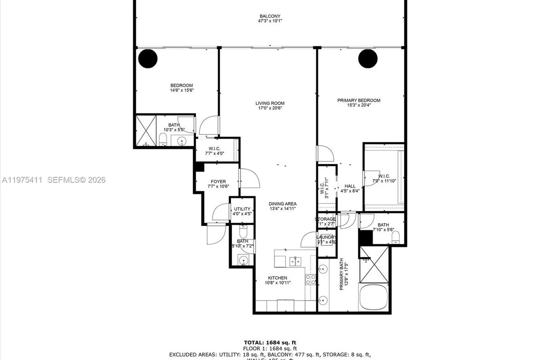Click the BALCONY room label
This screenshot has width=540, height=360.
point(270,16)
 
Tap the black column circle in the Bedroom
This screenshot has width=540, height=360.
point(148,58)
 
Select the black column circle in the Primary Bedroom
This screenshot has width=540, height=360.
point(368,58)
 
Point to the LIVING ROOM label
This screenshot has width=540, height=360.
point(270,103)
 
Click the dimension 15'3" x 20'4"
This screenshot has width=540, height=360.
point(359,106)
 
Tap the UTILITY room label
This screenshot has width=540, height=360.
point(242,209)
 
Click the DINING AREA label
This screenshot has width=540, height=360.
point(283,204)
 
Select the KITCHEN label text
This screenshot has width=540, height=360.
point(278,278)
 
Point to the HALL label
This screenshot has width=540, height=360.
point(350,186)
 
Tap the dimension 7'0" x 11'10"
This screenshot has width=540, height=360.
point(384,181)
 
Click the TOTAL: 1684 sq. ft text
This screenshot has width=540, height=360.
point(270,342)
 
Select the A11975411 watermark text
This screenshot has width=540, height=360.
point(22,180)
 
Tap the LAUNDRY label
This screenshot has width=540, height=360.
point(326,237)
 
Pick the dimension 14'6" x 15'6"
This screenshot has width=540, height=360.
point(181,90)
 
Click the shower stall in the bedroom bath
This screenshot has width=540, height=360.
point(145,130)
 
